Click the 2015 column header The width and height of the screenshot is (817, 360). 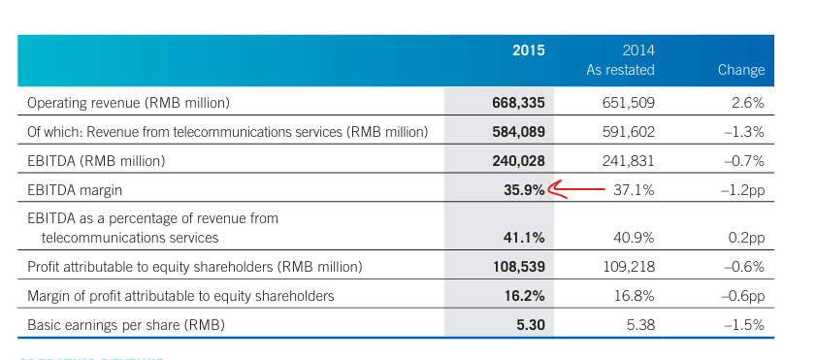529,50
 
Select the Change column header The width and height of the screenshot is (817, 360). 741,70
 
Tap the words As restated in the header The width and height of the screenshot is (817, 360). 620,70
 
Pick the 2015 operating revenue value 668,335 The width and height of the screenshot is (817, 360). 518,103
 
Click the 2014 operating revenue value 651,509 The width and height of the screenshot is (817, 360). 629,103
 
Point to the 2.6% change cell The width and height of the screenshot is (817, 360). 748,103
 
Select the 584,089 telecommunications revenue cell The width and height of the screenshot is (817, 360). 518,132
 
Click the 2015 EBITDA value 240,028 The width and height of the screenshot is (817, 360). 518,161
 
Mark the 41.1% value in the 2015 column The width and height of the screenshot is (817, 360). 524,238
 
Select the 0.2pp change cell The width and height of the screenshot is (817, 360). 746,239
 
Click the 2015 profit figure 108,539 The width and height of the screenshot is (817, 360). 519,267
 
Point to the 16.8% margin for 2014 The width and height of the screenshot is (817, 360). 634,296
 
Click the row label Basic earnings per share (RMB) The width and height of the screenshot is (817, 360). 126,326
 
